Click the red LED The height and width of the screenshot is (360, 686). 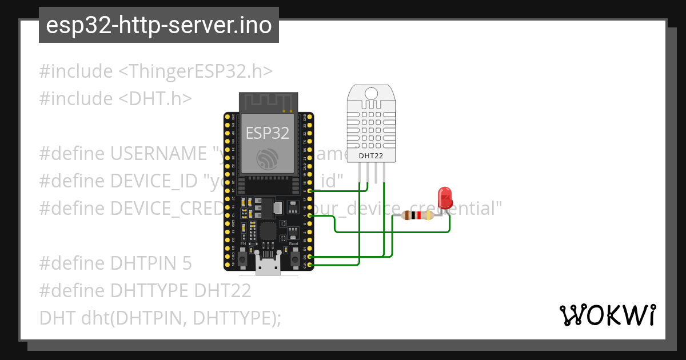click(x=445, y=198)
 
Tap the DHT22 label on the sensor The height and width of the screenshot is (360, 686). click(x=370, y=155)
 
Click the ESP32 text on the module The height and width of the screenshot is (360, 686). click(x=268, y=133)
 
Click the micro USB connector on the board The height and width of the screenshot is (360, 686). click(x=268, y=267)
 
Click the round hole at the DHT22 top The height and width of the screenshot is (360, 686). click(x=371, y=93)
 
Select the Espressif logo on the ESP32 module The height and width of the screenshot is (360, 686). click(x=268, y=158)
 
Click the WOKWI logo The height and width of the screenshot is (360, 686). click(x=607, y=315)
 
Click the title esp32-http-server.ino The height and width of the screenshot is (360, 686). click(x=158, y=25)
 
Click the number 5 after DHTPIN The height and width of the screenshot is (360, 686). click(x=188, y=263)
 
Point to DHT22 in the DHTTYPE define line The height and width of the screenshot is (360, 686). click(x=223, y=291)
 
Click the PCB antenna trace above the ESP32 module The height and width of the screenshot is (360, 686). click(x=268, y=102)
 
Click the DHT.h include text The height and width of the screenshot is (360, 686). click(x=155, y=99)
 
